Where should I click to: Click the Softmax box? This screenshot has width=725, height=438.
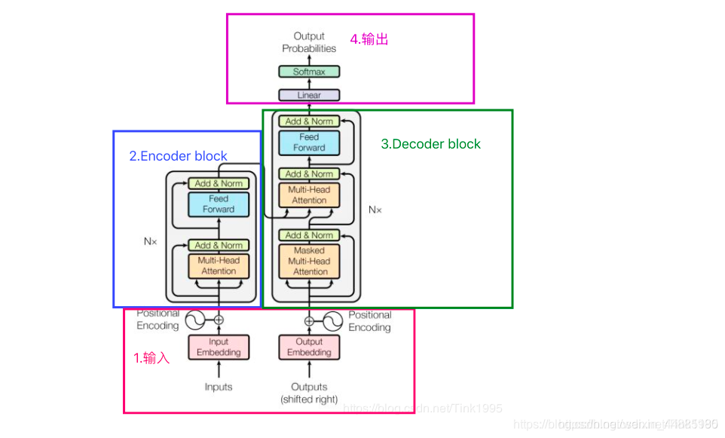click(309, 72)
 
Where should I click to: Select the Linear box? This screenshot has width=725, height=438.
click(309, 95)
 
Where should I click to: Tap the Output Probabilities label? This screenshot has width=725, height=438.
click(309, 42)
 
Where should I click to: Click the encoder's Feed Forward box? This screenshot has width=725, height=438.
click(219, 204)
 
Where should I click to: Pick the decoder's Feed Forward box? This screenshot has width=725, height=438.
click(309, 142)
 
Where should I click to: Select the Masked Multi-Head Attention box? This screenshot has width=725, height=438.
click(309, 261)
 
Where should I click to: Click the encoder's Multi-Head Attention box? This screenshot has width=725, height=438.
click(219, 265)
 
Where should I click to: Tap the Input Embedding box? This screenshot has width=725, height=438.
click(219, 347)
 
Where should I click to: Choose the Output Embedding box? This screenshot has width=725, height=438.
click(309, 347)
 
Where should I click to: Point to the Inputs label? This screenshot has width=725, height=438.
click(219, 387)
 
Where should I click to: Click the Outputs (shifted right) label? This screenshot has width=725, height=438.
click(309, 393)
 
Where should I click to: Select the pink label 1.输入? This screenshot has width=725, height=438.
click(151, 358)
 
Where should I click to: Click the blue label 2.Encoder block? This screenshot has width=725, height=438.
click(178, 156)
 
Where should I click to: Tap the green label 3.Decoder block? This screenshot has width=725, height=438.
click(430, 144)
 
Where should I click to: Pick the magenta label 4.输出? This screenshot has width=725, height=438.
click(369, 39)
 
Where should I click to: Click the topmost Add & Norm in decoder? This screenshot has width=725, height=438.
click(309, 121)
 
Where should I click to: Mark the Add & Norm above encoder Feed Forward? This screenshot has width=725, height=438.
click(219, 183)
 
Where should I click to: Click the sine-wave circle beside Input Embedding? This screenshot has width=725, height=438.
click(194, 320)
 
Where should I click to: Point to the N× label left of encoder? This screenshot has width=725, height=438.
click(150, 241)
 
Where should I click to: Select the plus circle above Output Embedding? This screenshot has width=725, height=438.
click(309, 320)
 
